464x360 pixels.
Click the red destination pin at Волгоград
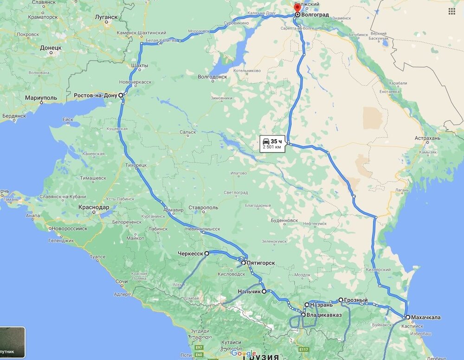(297, 8)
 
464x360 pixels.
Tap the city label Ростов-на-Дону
(96, 96)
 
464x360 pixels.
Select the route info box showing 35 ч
(272, 143)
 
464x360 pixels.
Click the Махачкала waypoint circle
(407, 317)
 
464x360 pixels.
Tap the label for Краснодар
(94, 207)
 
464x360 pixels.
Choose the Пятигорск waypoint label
(261, 263)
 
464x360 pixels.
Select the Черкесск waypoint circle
(207, 253)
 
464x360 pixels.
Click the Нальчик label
(249, 292)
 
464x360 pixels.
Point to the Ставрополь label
(204, 207)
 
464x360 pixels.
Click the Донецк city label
(51, 47)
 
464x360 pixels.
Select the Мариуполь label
(41, 98)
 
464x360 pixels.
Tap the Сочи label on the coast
(122, 282)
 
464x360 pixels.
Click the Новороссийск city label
(70, 228)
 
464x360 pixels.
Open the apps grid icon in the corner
(451, 11)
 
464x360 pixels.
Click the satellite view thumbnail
(13, 342)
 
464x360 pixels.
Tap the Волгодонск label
(213, 77)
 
